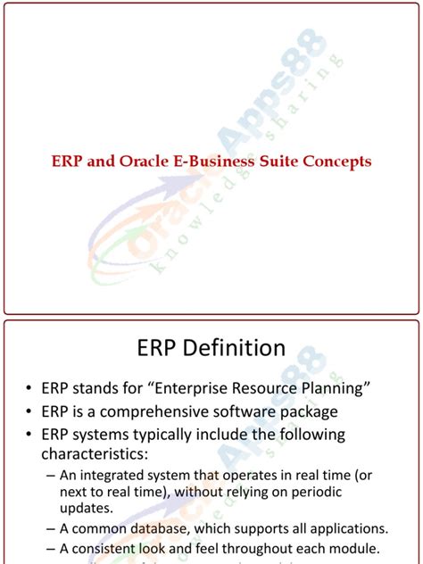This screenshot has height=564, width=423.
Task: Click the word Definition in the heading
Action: (x=236, y=346)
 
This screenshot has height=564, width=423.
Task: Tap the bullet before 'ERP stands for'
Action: (x=29, y=388)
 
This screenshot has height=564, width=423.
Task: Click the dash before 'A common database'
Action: (x=50, y=529)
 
